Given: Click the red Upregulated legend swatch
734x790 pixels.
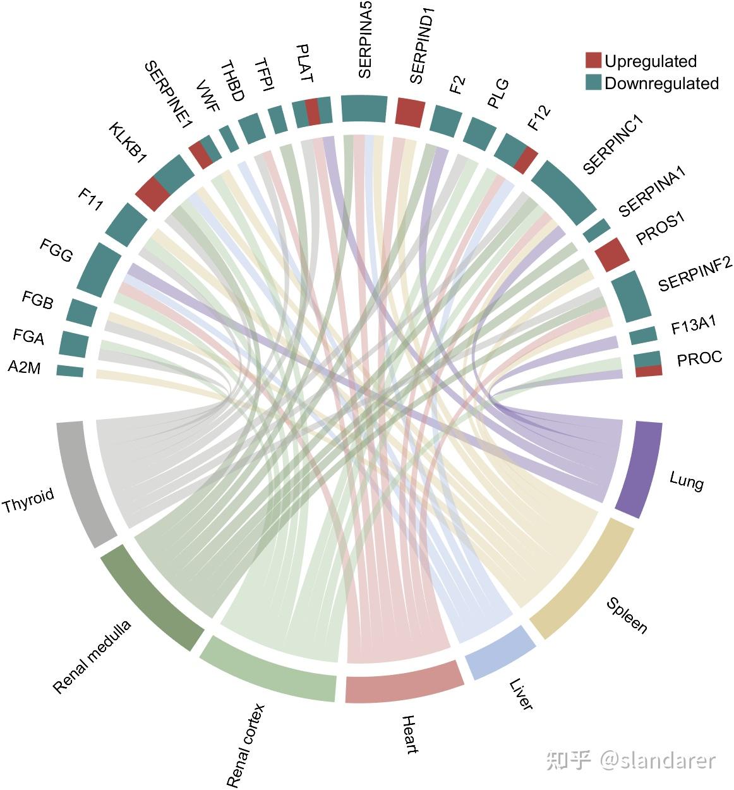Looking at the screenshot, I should pyautogui.click(x=593, y=61).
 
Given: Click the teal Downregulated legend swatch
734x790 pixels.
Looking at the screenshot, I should pyautogui.click(x=593, y=83).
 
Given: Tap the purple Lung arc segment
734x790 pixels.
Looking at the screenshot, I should pyautogui.click(x=639, y=469).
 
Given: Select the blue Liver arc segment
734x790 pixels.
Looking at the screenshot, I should pyautogui.click(x=499, y=653).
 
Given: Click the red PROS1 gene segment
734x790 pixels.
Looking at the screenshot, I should pyautogui.click(x=612, y=253).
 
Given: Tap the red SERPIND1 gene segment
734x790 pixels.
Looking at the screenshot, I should pyautogui.click(x=410, y=111).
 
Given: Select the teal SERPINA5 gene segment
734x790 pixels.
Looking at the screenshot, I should pyautogui.click(x=364, y=107).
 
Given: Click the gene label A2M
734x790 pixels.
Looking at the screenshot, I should pyautogui.click(x=25, y=367).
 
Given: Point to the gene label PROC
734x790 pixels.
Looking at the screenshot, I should pyautogui.click(x=699, y=358).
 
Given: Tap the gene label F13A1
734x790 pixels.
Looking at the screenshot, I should pyautogui.click(x=693, y=326).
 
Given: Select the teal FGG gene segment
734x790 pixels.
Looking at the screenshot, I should pyautogui.click(x=99, y=266).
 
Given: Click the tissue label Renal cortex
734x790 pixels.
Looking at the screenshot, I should pyautogui.click(x=246, y=745).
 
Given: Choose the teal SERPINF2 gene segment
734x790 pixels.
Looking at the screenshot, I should pyautogui.click(x=632, y=295).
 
